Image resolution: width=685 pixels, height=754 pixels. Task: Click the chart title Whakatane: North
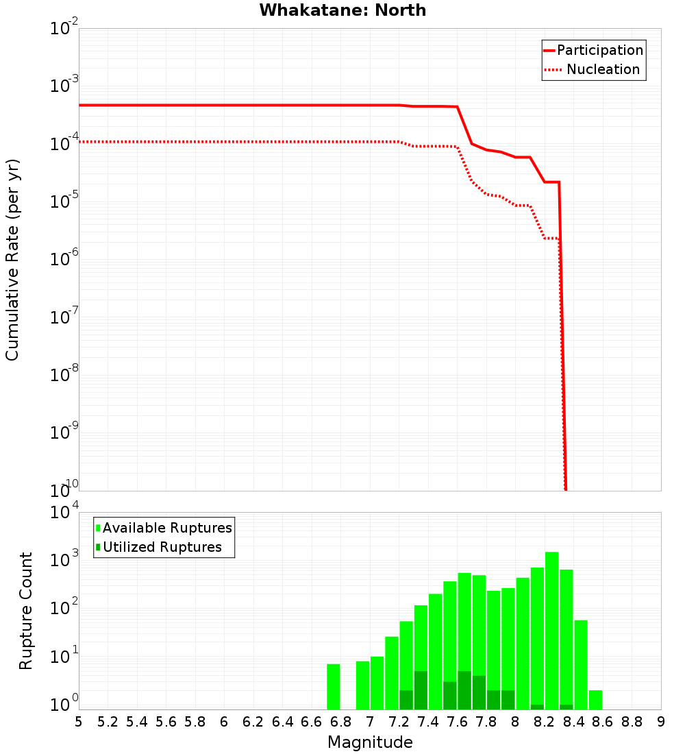342,10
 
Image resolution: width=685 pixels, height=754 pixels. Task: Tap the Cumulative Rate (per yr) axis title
12,259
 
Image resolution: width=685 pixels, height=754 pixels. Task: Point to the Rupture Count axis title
26,611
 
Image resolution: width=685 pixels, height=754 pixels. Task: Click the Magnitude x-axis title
370,742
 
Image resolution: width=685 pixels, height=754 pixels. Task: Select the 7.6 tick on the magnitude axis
457,722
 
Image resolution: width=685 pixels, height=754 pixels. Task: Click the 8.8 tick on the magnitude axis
632,722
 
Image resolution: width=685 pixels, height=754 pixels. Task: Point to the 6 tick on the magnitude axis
224,722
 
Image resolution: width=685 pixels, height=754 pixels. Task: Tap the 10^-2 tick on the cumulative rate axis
64,29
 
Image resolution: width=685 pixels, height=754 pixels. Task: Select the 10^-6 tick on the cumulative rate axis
64,260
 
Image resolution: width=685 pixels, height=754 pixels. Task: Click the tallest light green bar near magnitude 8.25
551,631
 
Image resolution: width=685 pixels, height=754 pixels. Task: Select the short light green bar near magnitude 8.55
595,700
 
